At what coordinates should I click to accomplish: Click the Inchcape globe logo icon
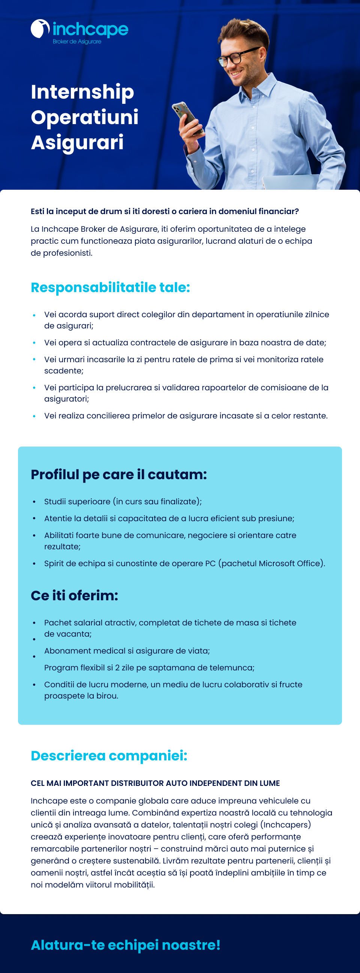(40, 29)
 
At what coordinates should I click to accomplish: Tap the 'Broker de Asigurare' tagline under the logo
(77, 42)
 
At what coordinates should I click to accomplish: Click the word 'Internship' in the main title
(82, 92)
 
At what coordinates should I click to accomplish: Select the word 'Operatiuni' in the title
(85, 117)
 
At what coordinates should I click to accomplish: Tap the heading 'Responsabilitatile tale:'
(110, 288)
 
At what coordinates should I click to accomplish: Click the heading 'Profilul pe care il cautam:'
(118, 474)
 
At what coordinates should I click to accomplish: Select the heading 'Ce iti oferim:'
(74, 595)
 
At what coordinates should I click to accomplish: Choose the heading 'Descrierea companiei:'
(109, 756)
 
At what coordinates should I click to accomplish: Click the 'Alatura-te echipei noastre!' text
(125, 945)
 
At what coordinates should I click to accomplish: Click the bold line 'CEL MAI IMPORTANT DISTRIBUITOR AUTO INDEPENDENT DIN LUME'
(155, 783)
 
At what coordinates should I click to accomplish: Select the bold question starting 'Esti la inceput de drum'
(165, 211)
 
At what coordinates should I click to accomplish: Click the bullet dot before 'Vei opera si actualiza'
(34, 343)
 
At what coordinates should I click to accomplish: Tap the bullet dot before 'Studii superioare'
(34, 502)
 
